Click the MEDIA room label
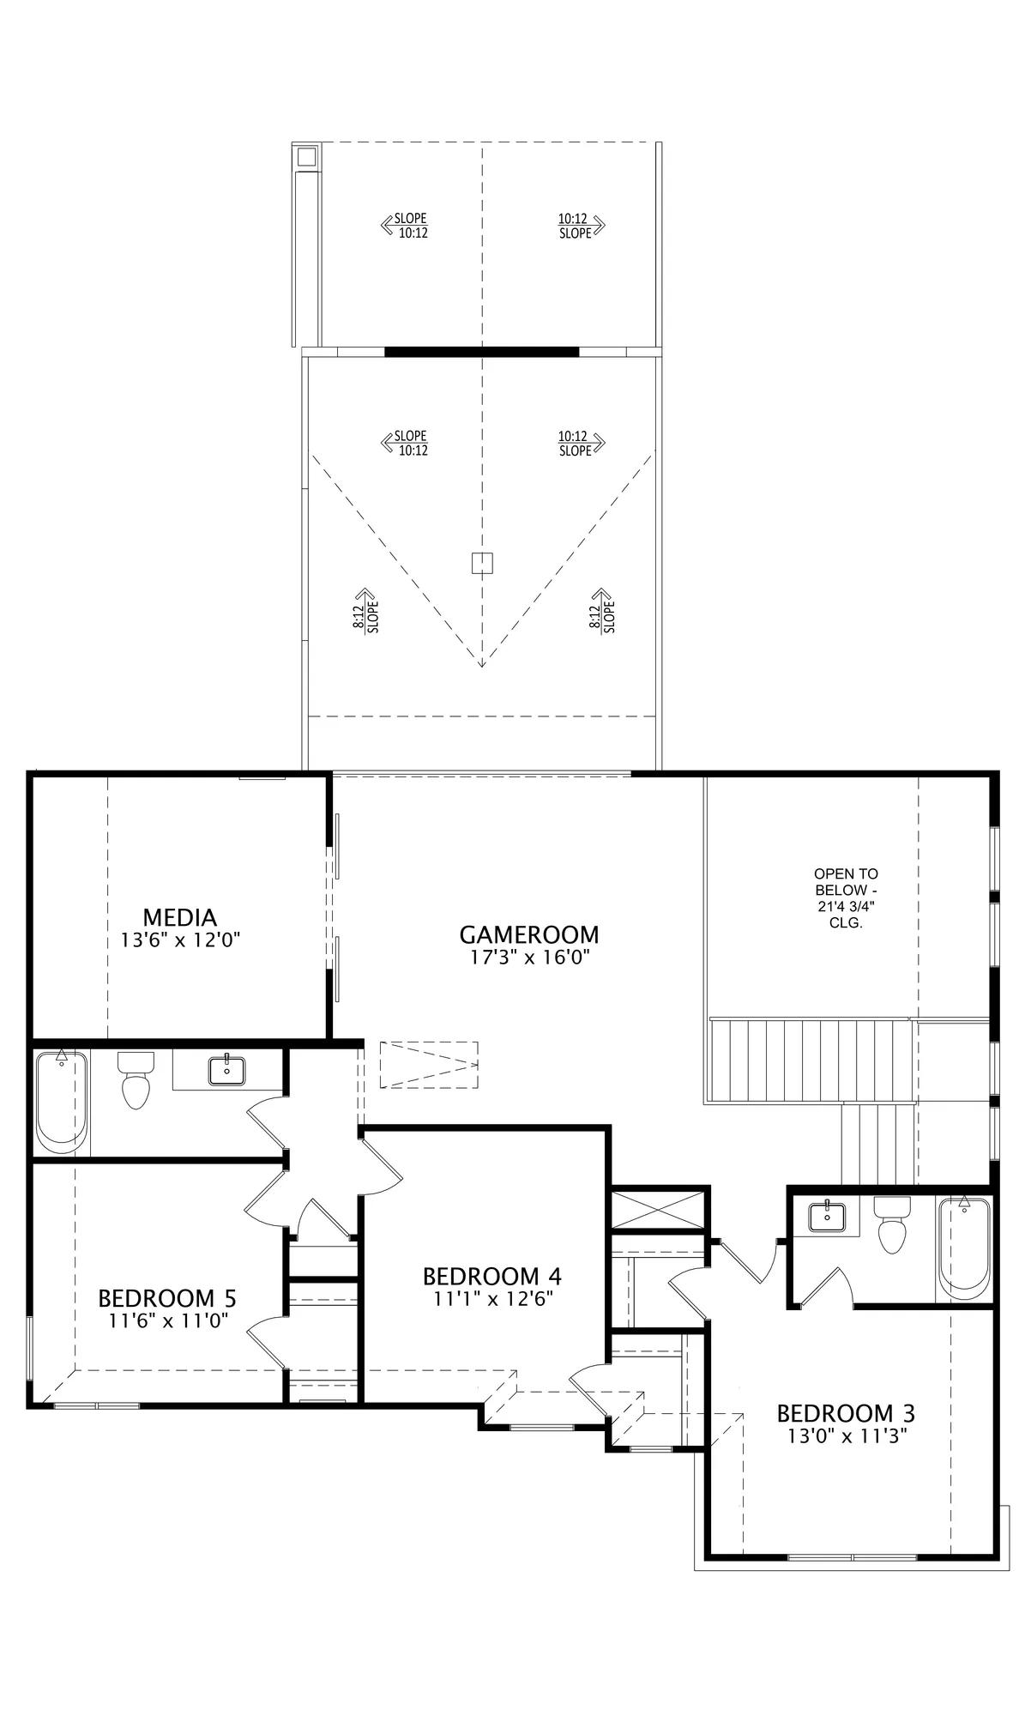pyautogui.click(x=179, y=918)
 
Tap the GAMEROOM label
pyautogui.click(x=528, y=934)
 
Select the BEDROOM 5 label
pyautogui.click(x=167, y=1297)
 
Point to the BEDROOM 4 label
pyautogui.click(x=492, y=1277)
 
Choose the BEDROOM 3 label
pyautogui.click(x=846, y=1413)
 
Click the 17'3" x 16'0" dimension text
pyautogui.click(x=528, y=958)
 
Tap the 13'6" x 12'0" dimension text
pyautogui.click(x=179, y=940)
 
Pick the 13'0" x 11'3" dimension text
pyautogui.click(x=847, y=1435)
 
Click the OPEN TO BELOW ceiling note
pyautogui.click(x=846, y=898)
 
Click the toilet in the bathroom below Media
pyautogui.click(x=135, y=1080)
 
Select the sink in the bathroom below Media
pyautogui.click(x=226, y=1071)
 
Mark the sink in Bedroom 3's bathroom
pyautogui.click(x=827, y=1216)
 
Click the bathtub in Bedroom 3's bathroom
pyautogui.click(x=964, y=1248)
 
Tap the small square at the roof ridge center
pyautogui.click(x=482, y=563)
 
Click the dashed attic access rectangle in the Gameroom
pyautogui.click(x=429, y=1065)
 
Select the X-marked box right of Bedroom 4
pyautogui.click(x=659, y=1209)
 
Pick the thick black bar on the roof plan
pyautogui.click(x=481, y=351)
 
